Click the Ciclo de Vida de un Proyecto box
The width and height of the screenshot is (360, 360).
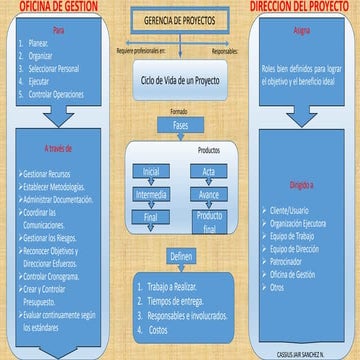coord(180,77)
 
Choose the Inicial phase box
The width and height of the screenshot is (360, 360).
coord(151,171)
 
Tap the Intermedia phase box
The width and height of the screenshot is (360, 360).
coord(151,193)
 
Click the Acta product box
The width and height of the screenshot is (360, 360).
coord(208,171)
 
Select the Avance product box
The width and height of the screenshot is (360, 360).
coord(208,193)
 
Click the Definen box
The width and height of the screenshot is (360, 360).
coord(181,256)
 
